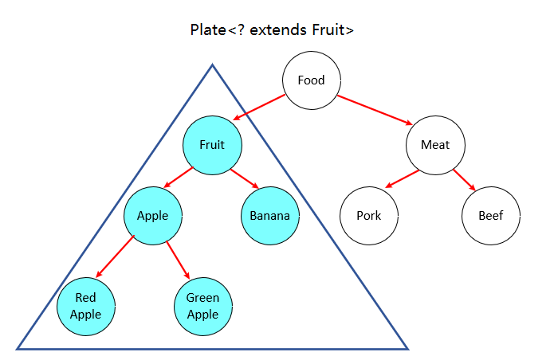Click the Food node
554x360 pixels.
(x=311, y=80)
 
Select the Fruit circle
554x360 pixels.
(x=212, y=145)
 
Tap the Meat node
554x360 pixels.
(x=435, y=145)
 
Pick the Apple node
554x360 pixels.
(x=153, y=216)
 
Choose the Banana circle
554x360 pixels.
(x=269, y=216)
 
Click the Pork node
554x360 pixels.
(x=369, y=216)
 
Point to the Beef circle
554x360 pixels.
(x=491, y=216)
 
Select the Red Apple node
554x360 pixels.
(x=86, y=307)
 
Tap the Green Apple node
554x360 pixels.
(x=202, y=307)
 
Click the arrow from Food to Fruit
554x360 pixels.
(x=259, y=108)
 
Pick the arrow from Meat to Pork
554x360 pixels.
(x=401, y=180)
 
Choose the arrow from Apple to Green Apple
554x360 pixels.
(x=179, y=260)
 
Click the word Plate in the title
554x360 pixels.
(x=207, y=31)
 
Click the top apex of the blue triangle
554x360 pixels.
(x=212, y=65)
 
